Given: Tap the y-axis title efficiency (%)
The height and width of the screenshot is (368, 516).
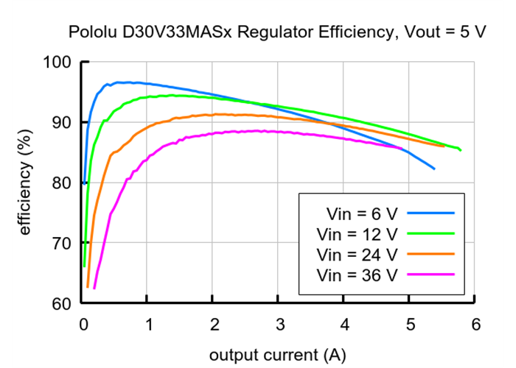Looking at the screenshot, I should point(25,183).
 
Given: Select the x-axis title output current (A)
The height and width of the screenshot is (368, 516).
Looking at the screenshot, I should point(276,355).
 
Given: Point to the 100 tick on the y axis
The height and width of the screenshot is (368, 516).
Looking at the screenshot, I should point(57,63).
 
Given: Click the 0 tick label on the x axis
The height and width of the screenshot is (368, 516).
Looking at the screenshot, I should point(83,325).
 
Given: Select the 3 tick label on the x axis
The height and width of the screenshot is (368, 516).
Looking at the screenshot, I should point(279,325).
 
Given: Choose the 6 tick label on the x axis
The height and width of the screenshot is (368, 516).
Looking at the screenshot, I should point(475,325).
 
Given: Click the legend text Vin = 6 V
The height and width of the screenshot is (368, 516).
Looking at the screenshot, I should point(361,214).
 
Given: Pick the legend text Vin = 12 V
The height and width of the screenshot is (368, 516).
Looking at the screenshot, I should point(357,234).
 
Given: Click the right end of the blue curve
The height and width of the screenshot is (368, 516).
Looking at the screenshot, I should point(434,169).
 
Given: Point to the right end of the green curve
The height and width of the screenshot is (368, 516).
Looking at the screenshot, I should point(461,150).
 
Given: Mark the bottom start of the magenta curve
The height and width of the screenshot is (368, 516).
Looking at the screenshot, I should point(94,288).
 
